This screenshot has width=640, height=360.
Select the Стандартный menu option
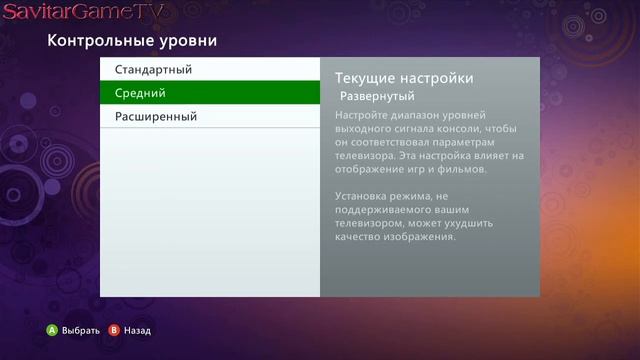click(x=153, y=70)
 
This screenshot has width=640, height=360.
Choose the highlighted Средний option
click(x=140, y=93)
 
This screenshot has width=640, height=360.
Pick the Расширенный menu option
click(x=156, y=116)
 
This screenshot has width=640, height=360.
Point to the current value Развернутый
click(x=377, y=97)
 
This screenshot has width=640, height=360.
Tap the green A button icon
click(x=52, y=330)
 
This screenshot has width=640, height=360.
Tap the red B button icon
click(x=114, y=330)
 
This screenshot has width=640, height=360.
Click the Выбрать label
click(x=81, y=330)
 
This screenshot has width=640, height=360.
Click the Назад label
click(x=138, y=330)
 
